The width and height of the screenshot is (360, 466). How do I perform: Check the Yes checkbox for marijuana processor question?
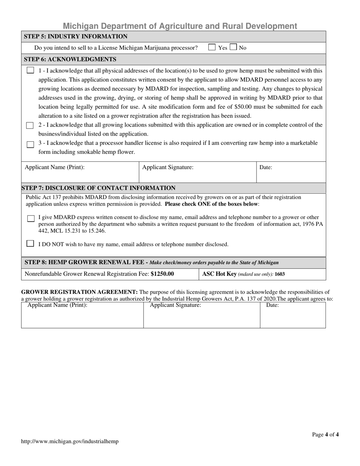click(x=212, y=47)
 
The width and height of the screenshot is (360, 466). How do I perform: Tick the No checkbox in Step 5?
click(x=233, y=47)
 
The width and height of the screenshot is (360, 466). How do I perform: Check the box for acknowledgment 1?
click(x=30, y=70)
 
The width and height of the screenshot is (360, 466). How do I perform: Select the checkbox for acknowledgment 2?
click(x=30, y=125)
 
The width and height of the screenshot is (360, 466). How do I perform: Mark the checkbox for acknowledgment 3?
click(x=30, y=144)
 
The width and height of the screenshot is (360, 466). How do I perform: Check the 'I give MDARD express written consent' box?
click(x=31, y=219)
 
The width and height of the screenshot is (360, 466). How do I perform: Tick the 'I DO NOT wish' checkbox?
click(x=30, y=244)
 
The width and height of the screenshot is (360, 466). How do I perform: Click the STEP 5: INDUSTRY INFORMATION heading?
click(x=76, y=36)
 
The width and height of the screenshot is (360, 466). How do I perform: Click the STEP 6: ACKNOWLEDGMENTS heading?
click(x=70, y=59)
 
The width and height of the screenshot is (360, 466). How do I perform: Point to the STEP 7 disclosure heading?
click(x=99, y=188)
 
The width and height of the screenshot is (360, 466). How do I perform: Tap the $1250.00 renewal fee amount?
click(x=162, y=274)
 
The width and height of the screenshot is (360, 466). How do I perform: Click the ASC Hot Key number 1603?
click(x=280, y=274)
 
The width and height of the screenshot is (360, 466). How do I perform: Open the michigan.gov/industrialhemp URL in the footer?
click(x=70, y=441)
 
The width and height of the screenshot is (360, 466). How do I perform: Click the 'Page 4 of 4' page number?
click(x=326, y=435)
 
